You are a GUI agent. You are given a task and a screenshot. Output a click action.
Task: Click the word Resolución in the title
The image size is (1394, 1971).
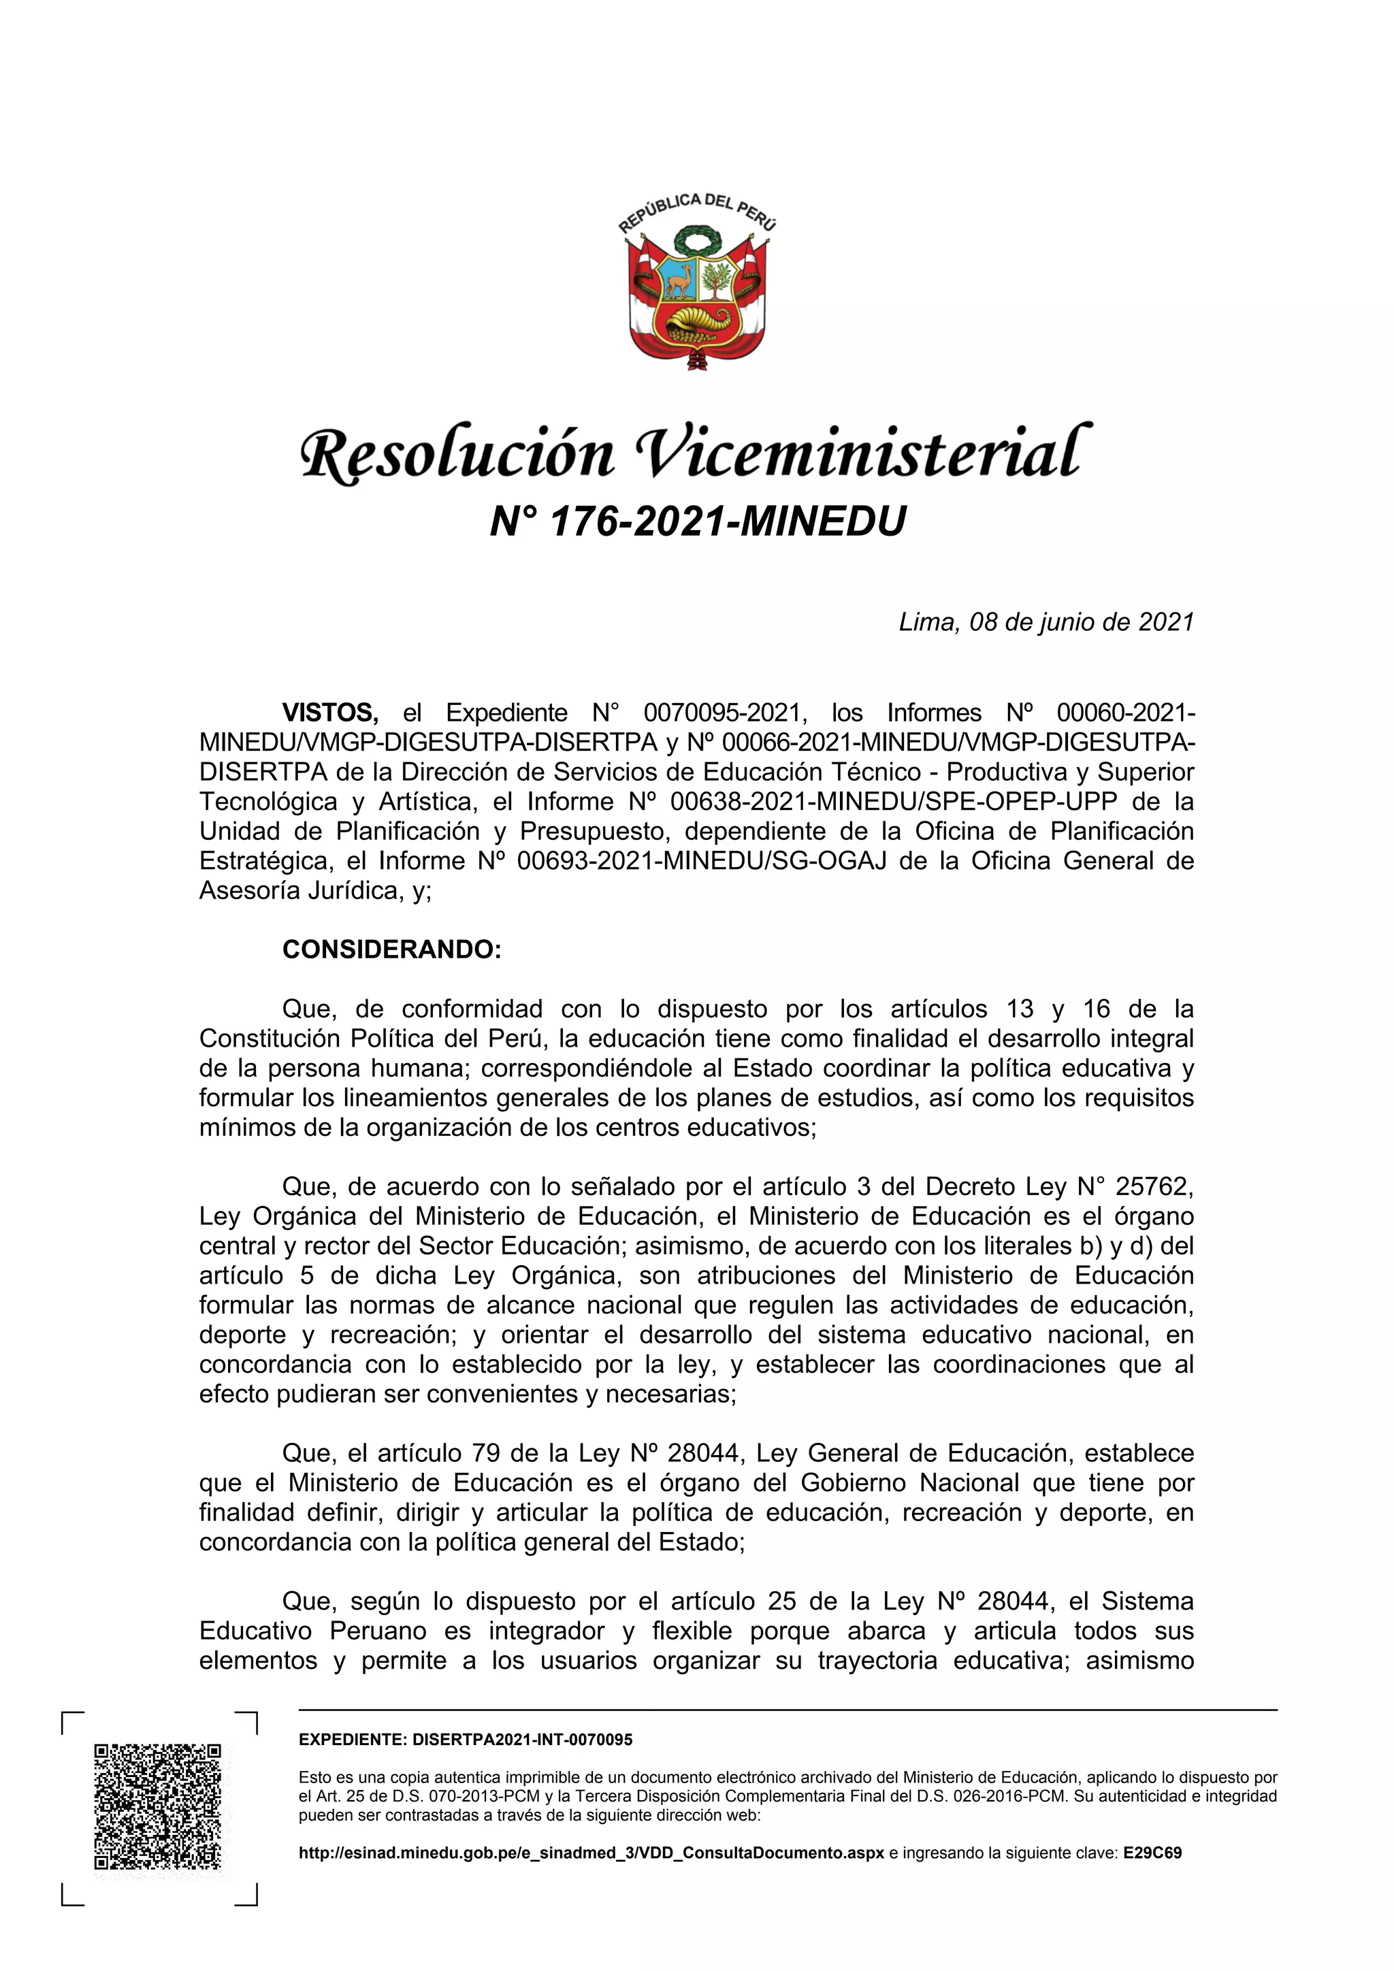[457, 453]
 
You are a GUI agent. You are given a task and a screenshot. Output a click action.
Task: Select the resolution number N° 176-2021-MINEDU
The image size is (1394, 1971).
[697, 521]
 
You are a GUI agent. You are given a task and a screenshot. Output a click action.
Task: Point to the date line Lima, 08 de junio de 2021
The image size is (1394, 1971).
[1045, 621]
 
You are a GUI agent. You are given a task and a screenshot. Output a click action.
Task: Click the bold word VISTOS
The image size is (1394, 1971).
[329, 713]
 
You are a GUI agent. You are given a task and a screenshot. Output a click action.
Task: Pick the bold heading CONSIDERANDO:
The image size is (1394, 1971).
[391, 949]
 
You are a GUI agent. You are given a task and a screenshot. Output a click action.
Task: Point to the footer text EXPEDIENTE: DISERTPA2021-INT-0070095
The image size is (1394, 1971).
[466, 1740]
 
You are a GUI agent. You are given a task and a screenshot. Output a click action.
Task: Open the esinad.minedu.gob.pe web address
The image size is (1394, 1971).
[591, 1853]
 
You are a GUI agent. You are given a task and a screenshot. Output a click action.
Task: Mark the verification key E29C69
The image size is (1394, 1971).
[1152, 1853]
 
